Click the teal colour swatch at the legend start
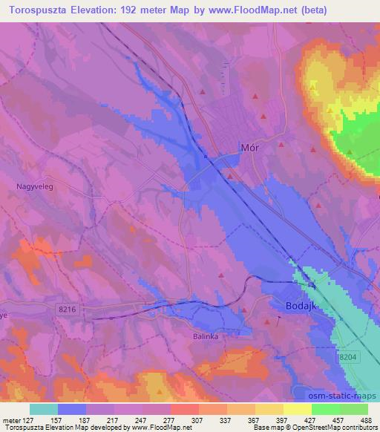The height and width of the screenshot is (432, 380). pyautogui.click(x=44, y=409)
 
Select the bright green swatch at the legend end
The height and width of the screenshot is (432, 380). pyautogui.click(x=353, y=409)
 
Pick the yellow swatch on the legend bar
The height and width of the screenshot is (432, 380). pyautogui.click(x=298, y=409)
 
